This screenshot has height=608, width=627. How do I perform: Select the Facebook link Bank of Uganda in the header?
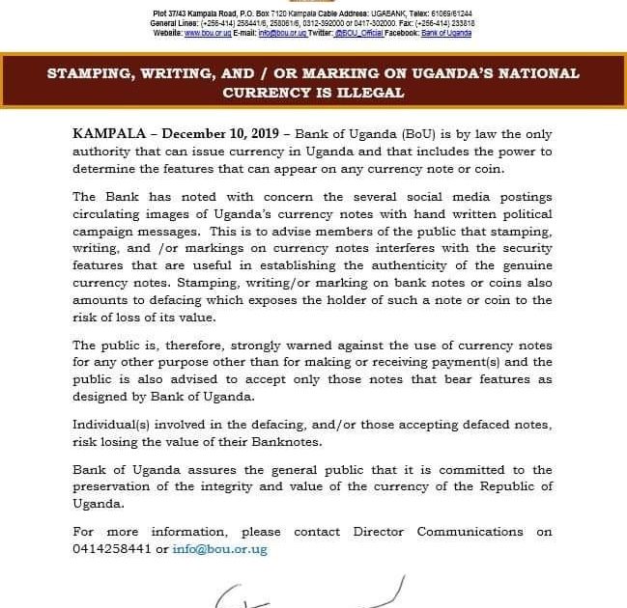point(446,33)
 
